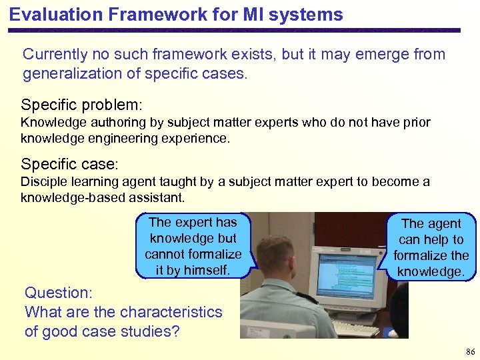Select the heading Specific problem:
[82, 105]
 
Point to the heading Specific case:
[69, 164]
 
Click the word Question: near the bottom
[58, 292]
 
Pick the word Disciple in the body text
[41, 182]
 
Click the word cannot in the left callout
[166, 254]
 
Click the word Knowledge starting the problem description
[50, 123]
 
